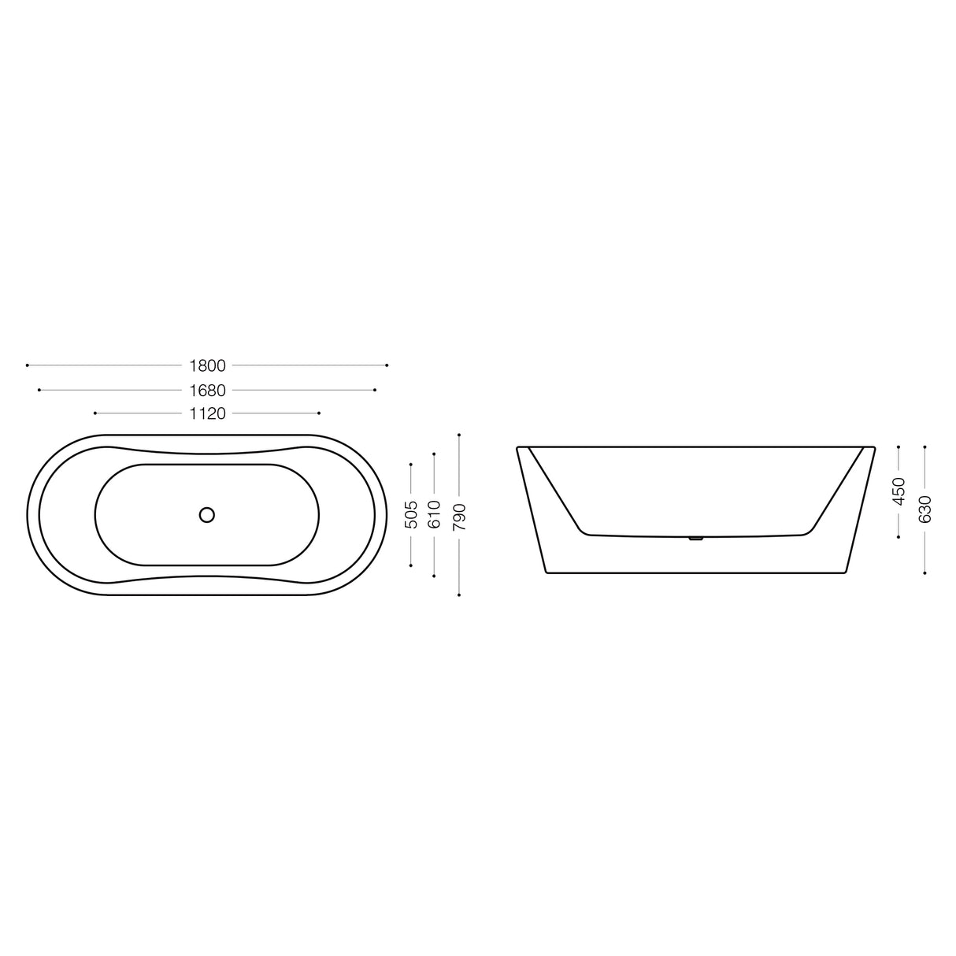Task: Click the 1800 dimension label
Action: point(207,365)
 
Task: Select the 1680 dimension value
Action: point(207,390)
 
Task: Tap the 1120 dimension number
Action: point(207,413)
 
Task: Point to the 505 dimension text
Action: point(411,515)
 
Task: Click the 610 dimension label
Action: point(435,515)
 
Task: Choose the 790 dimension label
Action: point(459,515)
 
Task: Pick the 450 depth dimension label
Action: point(899,491)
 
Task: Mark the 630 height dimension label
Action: point(925,509)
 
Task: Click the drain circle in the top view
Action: point(207,515)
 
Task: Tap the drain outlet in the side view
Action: point(695,539)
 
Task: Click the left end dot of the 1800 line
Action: point(28,365)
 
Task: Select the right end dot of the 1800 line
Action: point(387,365)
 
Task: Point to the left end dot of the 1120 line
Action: point(94,413)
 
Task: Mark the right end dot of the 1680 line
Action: point(375,390)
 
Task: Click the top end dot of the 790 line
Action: point(459,435)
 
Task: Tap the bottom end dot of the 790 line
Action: point(459,595)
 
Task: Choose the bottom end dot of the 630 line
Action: point(925,573)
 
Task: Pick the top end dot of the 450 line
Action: point(899,447)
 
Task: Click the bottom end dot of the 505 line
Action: point(411,565)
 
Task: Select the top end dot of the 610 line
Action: point(435,454)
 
